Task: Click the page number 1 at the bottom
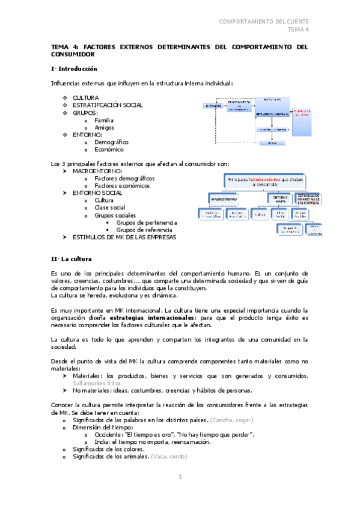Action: (x=180, y=476)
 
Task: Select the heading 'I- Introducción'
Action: (x=75, y=69)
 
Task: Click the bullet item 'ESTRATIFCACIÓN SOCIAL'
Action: (x=108, y=105)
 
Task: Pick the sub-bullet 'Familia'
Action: (x=104, y=120)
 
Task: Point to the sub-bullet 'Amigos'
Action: (x=104, y=127)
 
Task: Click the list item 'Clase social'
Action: (x=109, y=207)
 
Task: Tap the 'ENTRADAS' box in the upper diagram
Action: (x=210, y=106)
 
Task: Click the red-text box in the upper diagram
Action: (x=302, y=112)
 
